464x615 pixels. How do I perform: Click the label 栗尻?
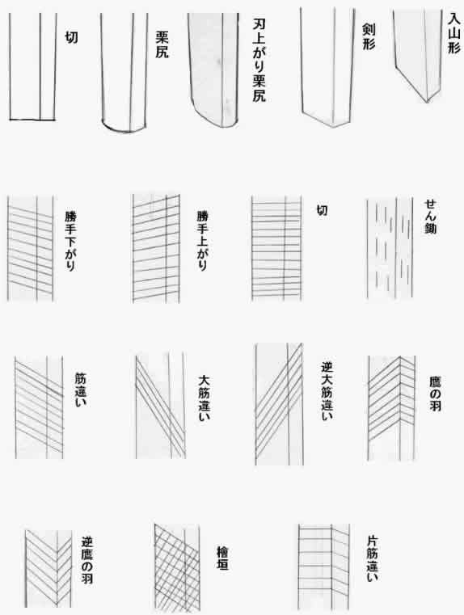(x=162, y=45)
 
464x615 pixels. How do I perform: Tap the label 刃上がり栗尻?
(x=259, y=61)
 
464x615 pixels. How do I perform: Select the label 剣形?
(x=369, y=36)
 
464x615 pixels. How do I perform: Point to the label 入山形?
(x=453, y=34)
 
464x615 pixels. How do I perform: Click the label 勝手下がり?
(x=70, y=241)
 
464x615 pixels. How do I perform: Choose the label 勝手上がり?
(x=202, y=241)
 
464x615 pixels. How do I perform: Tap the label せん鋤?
(x=430, y=217)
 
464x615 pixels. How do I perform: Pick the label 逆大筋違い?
(x=327, y=390)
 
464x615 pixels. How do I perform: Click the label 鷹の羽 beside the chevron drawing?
(x=435, y=394)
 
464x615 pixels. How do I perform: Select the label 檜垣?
(x=222, y=558)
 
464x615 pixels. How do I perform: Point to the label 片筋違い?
(x=372, y=558)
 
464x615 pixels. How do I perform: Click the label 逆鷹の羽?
(x=86, y=560)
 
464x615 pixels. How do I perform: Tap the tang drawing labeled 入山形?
(x=418, y=55)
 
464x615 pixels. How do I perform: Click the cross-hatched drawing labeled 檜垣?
(x=177, y=567)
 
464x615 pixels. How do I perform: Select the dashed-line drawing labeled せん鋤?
(x=390, y=248)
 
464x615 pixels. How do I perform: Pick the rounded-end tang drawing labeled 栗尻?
(x=124, y=73)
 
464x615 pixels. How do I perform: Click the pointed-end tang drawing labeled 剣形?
(x=327, y=67)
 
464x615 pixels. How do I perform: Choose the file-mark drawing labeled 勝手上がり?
(x=156, y=249)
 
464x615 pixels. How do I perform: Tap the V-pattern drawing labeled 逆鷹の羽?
(x=49, y=569)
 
